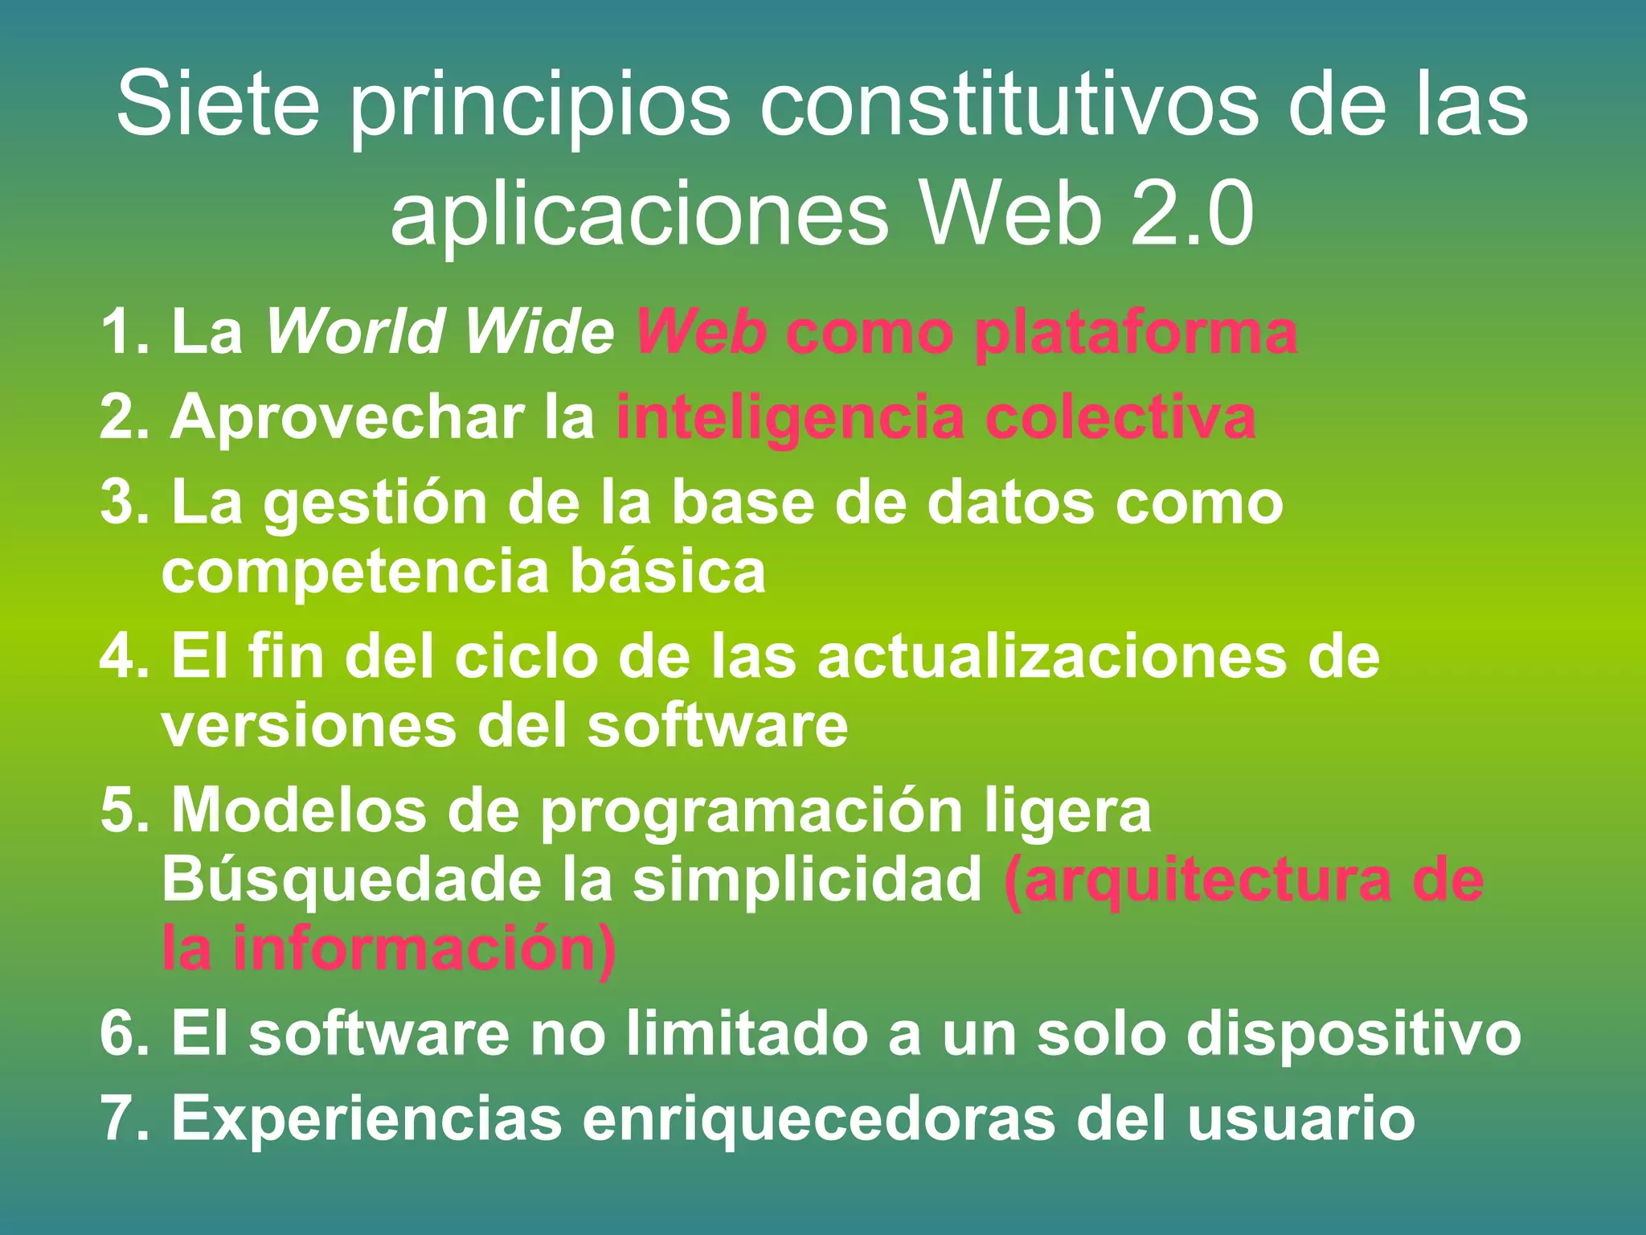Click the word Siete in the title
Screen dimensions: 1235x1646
[x=218, y=105]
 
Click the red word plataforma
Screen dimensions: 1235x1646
[x=1135, y=333]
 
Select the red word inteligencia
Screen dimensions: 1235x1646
[x=789, y=418]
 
